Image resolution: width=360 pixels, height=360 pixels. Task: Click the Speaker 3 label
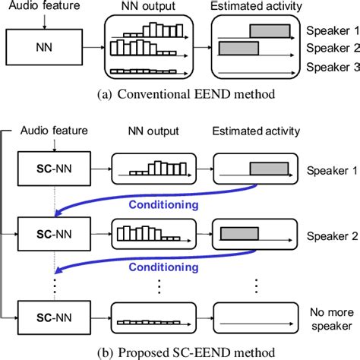tap(332, 68)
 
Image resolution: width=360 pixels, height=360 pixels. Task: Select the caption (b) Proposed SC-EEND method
tap(180, 351)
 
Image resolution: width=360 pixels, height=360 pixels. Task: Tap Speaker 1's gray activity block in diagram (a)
tap(270, 31)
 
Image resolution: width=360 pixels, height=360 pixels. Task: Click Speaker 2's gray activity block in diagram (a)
tap(238, 48)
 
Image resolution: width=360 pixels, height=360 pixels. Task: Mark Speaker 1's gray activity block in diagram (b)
tap(270, 166)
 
